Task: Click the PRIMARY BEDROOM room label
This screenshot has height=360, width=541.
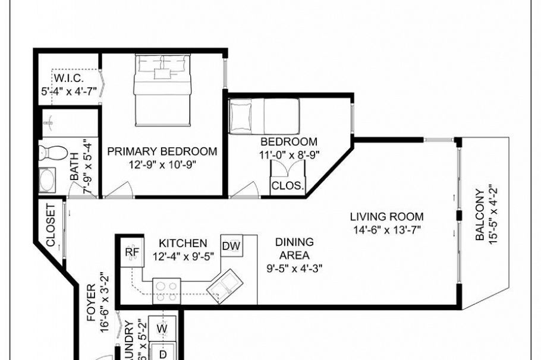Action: [162, 151]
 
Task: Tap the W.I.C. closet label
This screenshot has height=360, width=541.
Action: [69, 79]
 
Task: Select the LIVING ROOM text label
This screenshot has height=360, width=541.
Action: [386, 216]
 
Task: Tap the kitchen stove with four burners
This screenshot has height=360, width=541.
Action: [166, 290]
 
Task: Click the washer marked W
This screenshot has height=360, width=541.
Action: [162, 327]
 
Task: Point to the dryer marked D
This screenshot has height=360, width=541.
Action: [162, 353]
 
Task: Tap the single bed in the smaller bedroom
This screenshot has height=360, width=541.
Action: [264, 115]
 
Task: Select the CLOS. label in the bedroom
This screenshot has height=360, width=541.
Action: [288, 185]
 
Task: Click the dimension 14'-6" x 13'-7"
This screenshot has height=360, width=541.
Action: [386, 229]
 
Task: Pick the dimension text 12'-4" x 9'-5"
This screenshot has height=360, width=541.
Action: [183, 257]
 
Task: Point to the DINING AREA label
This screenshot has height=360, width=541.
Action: [294, 249]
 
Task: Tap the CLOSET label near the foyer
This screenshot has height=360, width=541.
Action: [51, 226]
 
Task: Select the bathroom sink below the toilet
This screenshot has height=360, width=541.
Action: [47, 179]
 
